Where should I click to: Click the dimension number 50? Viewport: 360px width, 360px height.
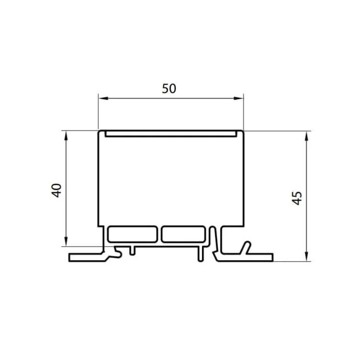pyautogui.click(x=169, y=88)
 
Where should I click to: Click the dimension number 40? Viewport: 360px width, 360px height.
pyautogui.click(x=57, y=191)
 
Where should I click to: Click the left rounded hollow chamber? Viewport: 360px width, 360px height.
pyautogui.click(x=132, y=234)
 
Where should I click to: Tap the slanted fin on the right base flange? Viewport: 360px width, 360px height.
pyautogui.click(x=246, y=248)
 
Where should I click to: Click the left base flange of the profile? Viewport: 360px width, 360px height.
pyautogui.click(x=86, y=257)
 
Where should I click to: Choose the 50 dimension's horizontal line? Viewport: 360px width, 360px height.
pyautogui.click(x=144, y=99)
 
